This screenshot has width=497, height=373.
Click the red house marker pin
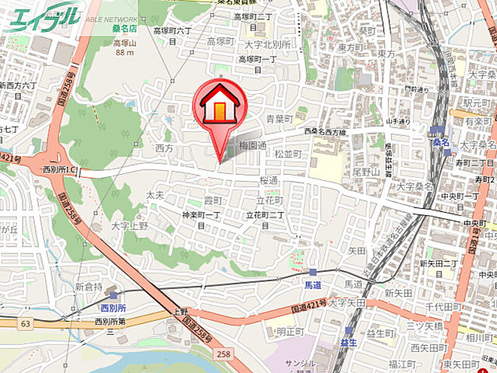(221, 110)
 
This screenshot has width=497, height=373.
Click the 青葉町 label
(280, 119)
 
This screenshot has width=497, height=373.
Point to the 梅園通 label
(253, 145)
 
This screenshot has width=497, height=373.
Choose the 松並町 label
(288, 155)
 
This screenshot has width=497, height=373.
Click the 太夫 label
(155, 196)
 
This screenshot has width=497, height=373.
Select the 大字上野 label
(129, 226)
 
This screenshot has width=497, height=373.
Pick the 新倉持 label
(89, 287)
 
